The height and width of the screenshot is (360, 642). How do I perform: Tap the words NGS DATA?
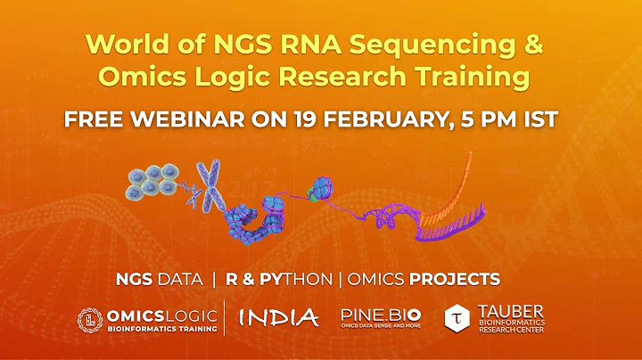click(159, 279)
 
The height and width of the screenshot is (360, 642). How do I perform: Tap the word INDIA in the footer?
click(279, 317)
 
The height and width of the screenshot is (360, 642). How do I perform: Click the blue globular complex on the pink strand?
click(318, 189)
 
